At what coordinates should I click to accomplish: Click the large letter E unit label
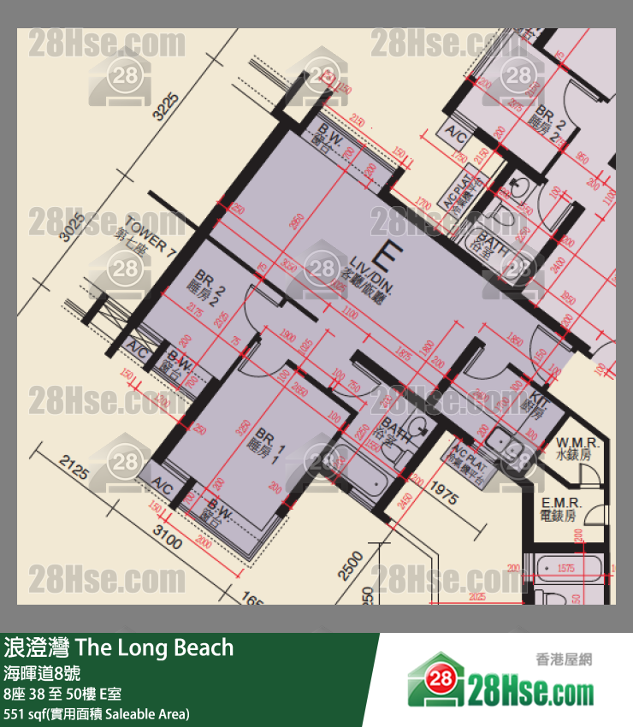391,255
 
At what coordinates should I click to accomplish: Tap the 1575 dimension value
565,568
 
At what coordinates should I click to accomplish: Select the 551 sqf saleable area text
97,713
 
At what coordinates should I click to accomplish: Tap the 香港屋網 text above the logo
563,659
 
